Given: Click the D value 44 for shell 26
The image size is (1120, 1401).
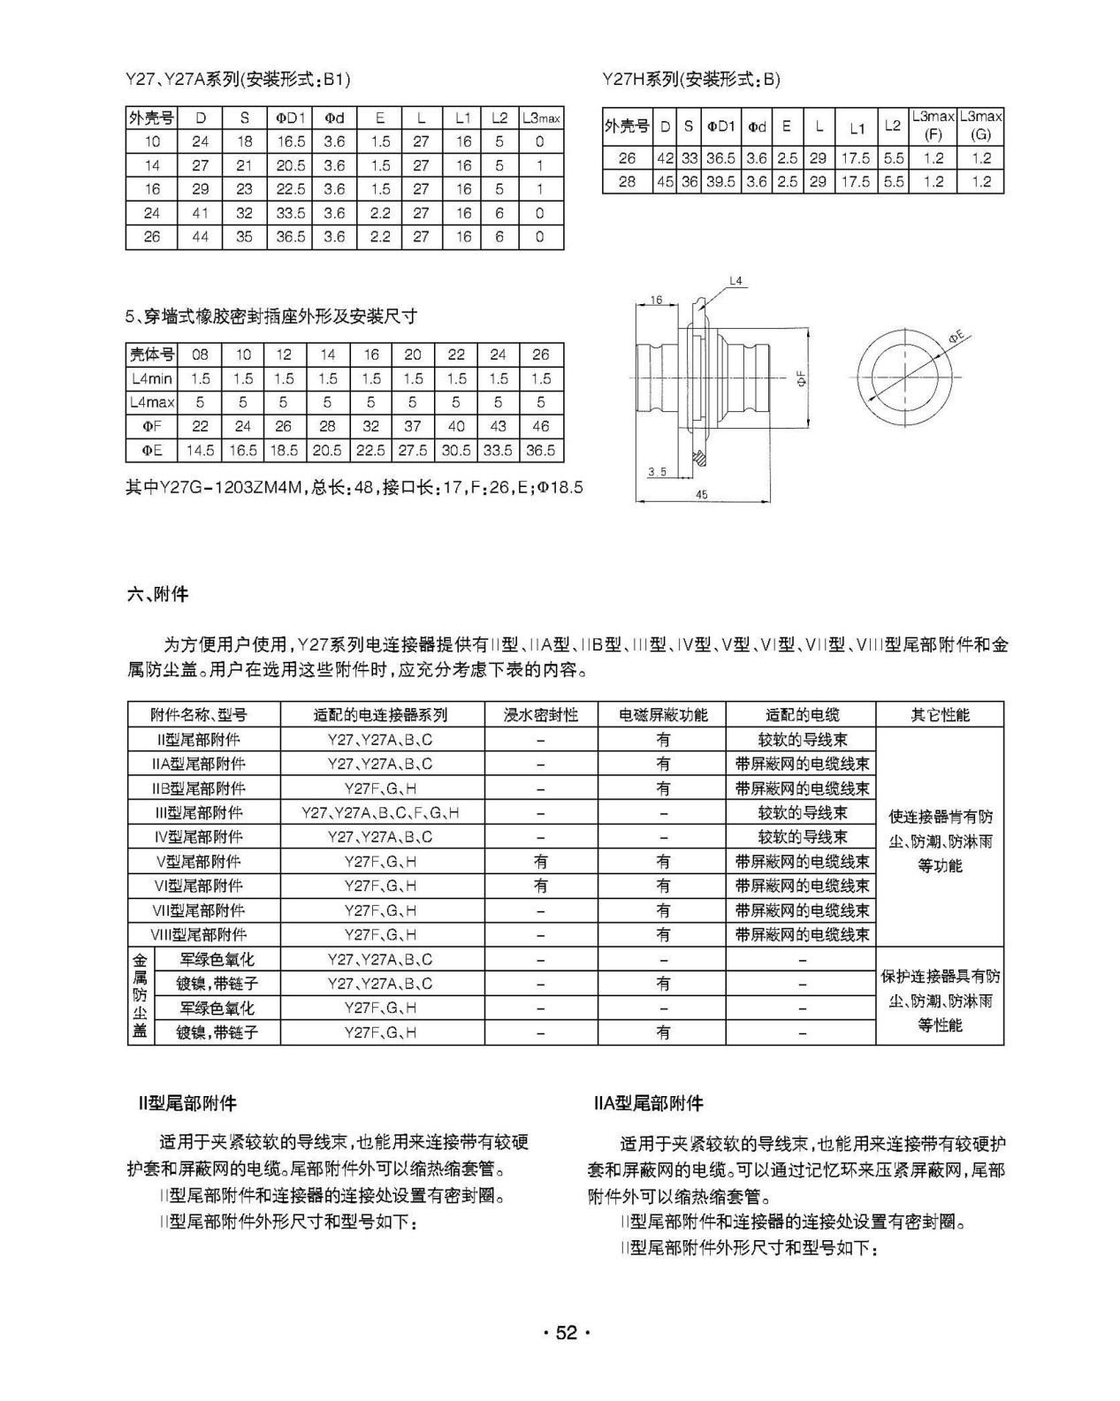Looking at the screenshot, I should click(x=201, y=237).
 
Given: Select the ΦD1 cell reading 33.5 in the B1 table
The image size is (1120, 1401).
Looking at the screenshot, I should click(x=290, y=213).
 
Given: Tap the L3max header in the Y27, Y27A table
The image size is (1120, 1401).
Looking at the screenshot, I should click(x=541, y=118).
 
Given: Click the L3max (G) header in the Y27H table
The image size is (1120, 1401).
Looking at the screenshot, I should click(x=980, y=126).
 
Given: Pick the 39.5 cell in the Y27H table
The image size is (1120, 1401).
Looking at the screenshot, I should click(x=720, y=182).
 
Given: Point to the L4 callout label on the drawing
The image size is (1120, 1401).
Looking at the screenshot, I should click(x=736, y=281).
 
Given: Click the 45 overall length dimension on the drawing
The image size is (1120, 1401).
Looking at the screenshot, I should click(x=702, y=495).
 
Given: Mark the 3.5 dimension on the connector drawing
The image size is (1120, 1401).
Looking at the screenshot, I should click(x=656, y=472).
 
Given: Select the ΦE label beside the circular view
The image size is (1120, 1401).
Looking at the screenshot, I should click(x=956, y=338).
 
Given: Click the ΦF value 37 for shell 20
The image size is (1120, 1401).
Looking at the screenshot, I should click(x=413, y=426).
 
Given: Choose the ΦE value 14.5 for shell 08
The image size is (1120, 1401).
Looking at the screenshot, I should click(x=200, y=450).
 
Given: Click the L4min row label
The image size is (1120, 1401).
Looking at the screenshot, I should click(x=152, y=378).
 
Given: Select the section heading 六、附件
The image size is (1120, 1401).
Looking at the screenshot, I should click(x=158, y=594).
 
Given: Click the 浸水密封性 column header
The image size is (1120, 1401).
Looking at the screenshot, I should click(x=540, y=714).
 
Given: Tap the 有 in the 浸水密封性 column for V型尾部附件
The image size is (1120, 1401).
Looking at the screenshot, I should click(x=540, y=861).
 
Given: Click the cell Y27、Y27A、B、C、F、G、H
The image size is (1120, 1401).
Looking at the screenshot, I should click(x=381, y=812).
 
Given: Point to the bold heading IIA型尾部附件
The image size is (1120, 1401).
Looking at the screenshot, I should click(x=649, y=1103).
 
